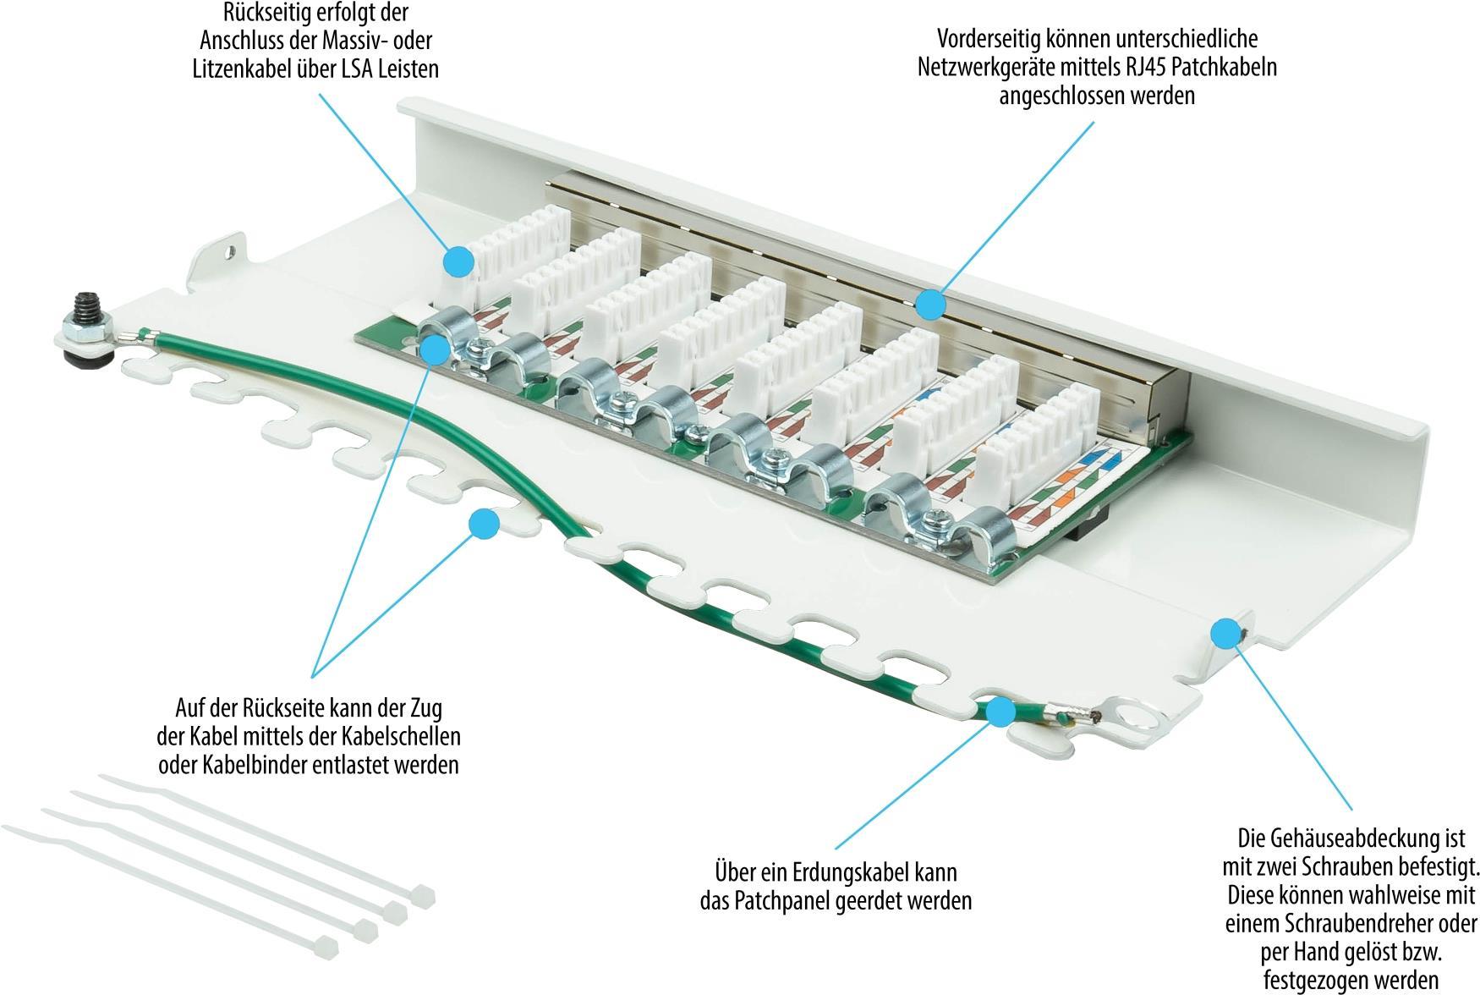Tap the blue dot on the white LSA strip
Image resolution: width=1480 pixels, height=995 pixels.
458,261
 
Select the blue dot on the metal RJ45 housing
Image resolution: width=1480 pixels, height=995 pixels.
930,304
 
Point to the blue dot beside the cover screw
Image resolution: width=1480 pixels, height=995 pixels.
1225,633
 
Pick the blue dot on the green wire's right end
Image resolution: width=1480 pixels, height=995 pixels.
1000,712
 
